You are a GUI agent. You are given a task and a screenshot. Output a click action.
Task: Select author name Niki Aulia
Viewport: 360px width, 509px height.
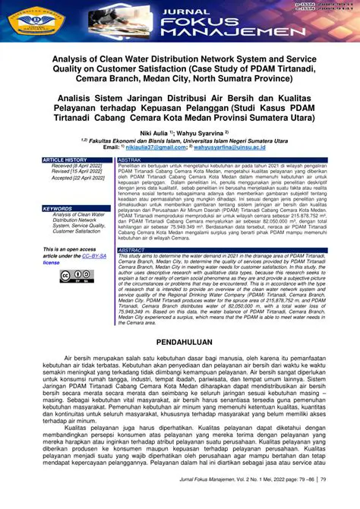pos(156,132)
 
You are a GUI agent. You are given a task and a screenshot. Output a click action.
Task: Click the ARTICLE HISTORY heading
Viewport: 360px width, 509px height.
pos(65,160)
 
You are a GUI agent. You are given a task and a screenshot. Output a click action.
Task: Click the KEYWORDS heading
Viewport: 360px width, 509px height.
pos(57,208)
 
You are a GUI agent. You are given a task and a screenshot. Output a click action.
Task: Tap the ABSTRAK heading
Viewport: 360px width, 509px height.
pos(130,160)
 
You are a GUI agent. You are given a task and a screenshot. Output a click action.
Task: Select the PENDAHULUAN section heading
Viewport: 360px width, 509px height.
pos(179,343)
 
